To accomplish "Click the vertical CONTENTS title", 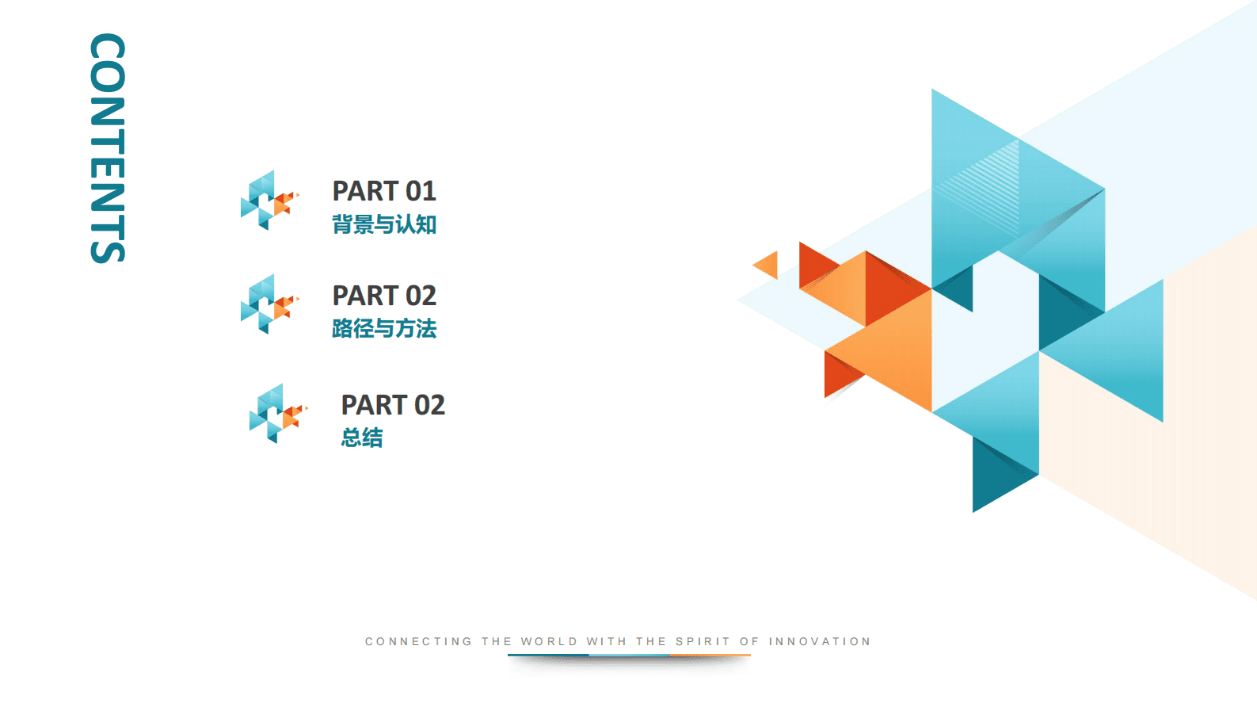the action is [x=107, y=148].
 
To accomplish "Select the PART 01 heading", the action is [x=384, y=191].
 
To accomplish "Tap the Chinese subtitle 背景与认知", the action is [x=384, y=224].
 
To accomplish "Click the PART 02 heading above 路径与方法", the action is [x=384, y=296].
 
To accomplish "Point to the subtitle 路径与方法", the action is [x=384, y=328].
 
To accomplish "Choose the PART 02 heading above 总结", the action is [x=393, y=405].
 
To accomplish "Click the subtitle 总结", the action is [x=362, y=438].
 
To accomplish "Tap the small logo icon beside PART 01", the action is [x=270, y=200].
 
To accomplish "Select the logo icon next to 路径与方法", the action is [x=270, y=304].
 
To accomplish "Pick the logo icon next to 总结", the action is [x=279, y=413].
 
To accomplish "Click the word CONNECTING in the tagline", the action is [x=419, y=641].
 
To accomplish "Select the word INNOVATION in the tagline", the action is [x=819, y=641].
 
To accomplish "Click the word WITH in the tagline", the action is [x=607, y=641].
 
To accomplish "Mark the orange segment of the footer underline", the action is [x=710, y=655].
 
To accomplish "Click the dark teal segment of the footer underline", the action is [x=548, y=655].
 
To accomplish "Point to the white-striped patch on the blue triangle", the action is [x=979, y=185].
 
